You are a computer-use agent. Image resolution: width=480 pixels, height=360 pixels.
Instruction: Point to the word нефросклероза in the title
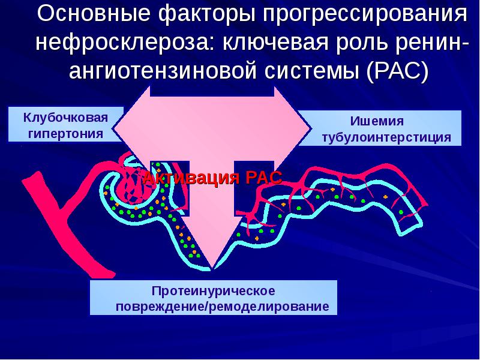(123, 43)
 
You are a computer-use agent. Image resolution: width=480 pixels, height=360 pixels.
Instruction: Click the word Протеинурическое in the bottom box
(213, 291)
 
